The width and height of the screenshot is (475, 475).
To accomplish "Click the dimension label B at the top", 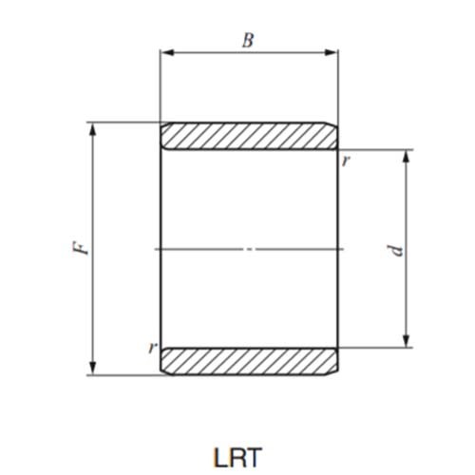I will pos(249,40).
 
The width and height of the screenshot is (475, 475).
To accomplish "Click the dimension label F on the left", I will pos(83,249).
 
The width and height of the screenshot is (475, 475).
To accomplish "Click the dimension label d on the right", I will pos(397,249).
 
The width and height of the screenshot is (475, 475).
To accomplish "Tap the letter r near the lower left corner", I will pos(151,347).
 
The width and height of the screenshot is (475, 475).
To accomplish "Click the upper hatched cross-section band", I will pos(249,136).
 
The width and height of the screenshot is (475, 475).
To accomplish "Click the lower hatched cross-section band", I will pos(249,361).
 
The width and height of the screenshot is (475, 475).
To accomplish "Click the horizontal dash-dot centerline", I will pos(249,249).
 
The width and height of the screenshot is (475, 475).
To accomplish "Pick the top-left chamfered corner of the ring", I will pos(161,124).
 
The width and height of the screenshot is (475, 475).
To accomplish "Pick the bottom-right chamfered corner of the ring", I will pos(335,372).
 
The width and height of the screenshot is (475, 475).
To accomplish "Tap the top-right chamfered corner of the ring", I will pos(335,124).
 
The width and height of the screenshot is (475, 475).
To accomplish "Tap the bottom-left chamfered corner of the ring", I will pos(161,372).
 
